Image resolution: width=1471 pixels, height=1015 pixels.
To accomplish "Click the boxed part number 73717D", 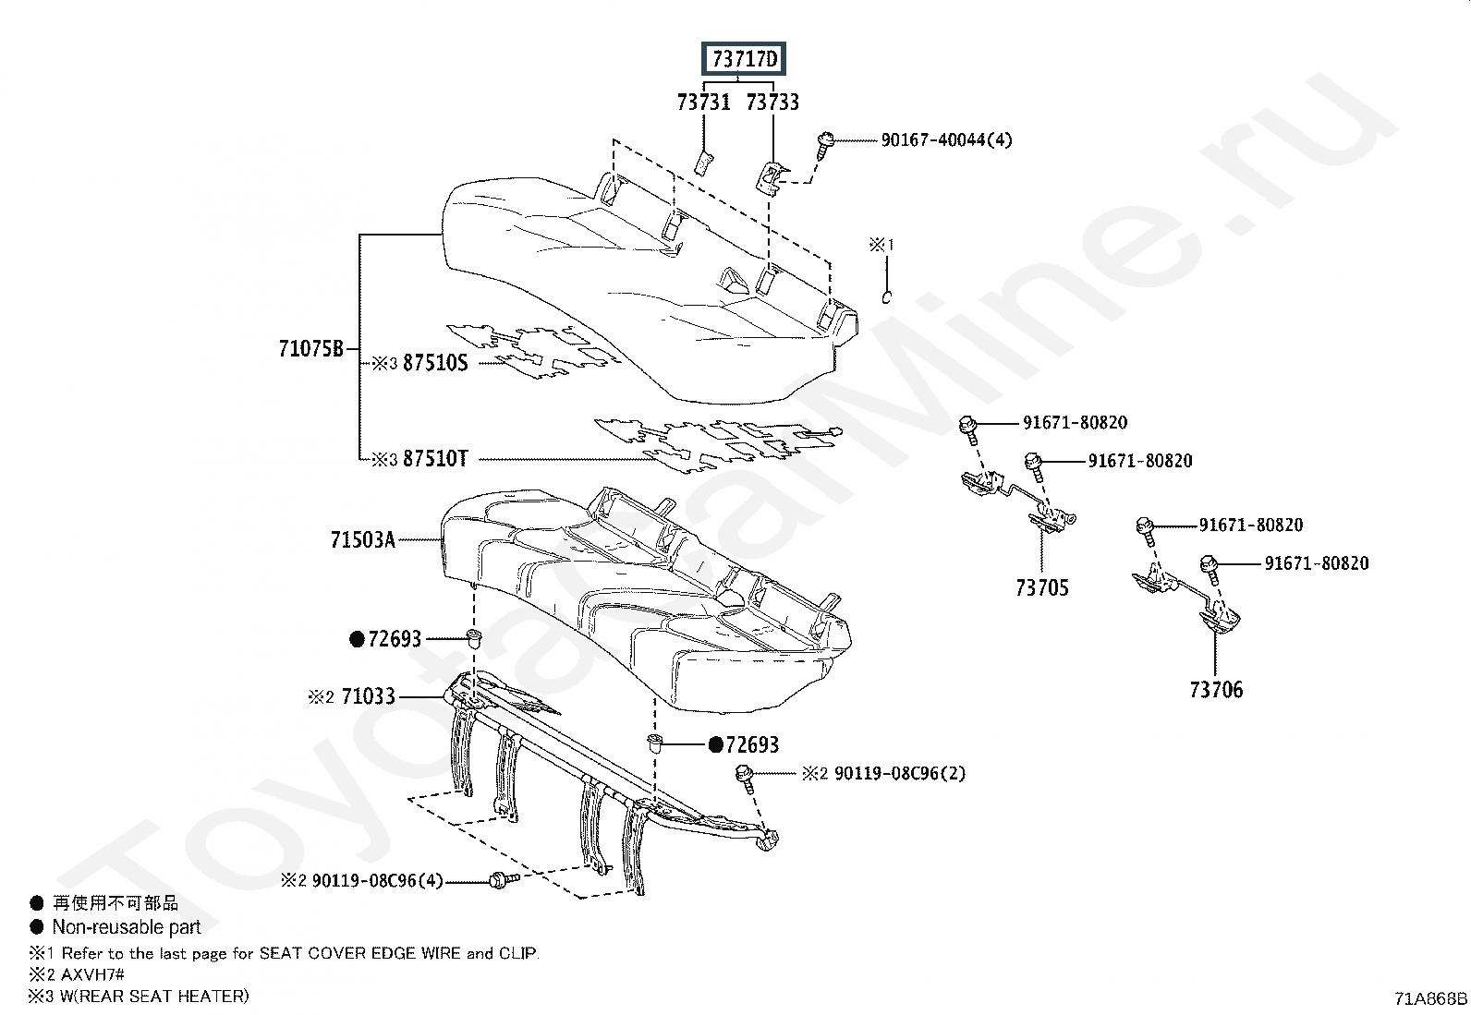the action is tap(744, 59).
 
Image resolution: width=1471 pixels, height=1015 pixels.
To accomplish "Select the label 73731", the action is tap(703, 103).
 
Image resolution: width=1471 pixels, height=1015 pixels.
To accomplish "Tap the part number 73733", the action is tap(772, 103).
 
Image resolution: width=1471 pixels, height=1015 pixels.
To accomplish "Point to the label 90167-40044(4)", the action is tap(946, 139).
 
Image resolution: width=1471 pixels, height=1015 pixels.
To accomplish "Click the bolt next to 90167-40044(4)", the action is tap(825, 145).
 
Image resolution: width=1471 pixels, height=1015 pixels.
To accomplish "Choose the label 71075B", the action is tap(310, 348).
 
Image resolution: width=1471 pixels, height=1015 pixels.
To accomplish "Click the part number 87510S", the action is tap(434, 363).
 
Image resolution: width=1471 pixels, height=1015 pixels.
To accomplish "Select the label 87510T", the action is tap(434, 458).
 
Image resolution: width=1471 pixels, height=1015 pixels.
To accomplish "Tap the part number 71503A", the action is tap(362, 539).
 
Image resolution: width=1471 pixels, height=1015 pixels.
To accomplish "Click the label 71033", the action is tap(369, 696).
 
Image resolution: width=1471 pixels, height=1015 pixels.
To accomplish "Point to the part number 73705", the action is tap(1041, 587).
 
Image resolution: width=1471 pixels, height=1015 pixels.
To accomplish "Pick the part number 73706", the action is tap(1216, 689).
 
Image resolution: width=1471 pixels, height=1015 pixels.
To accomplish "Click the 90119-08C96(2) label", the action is tap(900, 773).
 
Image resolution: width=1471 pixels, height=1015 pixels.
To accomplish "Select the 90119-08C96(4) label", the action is tap(378, 880).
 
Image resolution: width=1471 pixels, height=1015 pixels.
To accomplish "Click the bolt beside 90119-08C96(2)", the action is tap(745, 779).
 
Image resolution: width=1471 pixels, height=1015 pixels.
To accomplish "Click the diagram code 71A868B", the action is tap(1430, 998).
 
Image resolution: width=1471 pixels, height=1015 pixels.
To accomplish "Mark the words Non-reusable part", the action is tap(126, 927).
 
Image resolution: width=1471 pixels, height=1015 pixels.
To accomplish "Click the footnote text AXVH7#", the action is tap(92, 974).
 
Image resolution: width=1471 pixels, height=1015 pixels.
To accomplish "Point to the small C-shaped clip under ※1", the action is tap(886, 297).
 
